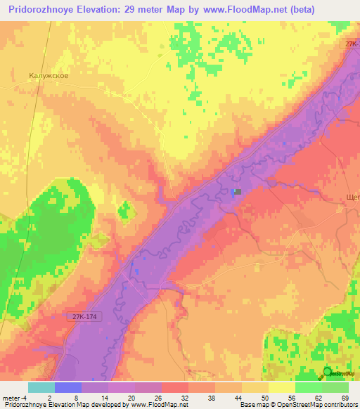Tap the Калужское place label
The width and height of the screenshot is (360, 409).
49,74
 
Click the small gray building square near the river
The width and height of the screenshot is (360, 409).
238,191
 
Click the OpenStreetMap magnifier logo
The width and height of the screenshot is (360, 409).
328,373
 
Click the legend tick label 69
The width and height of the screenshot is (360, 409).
345,398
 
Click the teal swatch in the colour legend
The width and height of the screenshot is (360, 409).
41,387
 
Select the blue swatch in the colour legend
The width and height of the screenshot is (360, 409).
68,387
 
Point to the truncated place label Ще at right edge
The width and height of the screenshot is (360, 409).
354,198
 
